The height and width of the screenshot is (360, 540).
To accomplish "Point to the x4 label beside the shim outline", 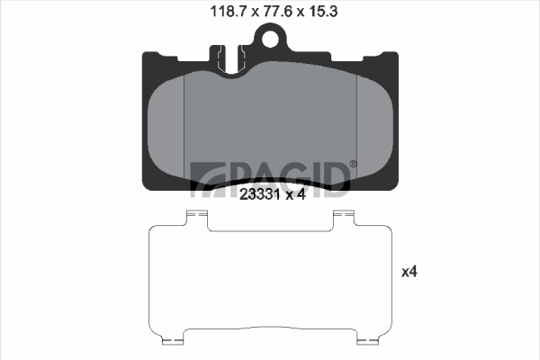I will pyautogui.click(x=409, y=269).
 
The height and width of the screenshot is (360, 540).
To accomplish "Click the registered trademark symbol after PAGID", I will pyautogui.click(x=352, y=164).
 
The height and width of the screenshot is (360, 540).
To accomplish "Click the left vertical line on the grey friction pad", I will pyautogui.click(x=184, y=126).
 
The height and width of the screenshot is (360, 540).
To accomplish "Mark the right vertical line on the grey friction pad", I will pyautogui.click(x=358, y=126).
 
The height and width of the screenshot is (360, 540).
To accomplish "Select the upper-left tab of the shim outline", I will pyautogui.click(x=196, y=217).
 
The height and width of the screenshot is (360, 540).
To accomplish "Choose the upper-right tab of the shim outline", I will pyautogui.click(x=345, y=217).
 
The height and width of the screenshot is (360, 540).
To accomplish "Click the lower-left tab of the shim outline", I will pyautogui.click(x=173, y=340).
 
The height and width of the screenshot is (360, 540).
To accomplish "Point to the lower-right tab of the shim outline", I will pyautogui.click(x=368, y=340).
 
